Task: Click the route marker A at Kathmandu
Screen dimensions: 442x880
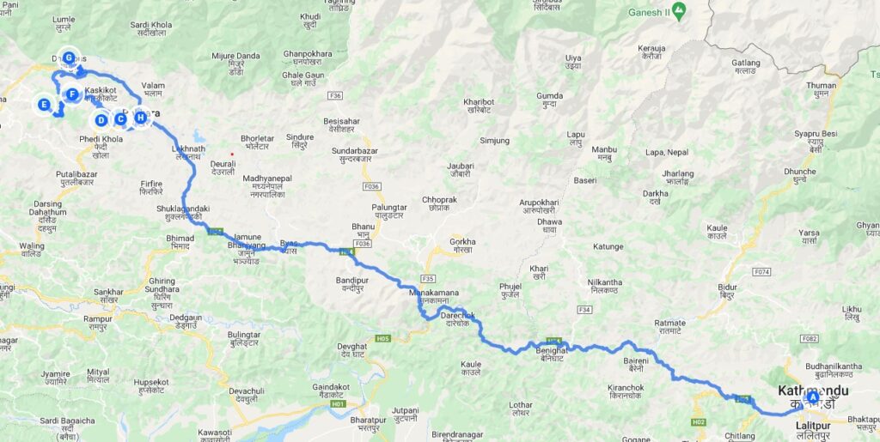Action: point(813,397)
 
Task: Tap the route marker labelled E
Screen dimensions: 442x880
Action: point(44,105)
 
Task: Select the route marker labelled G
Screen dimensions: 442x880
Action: point(69,58)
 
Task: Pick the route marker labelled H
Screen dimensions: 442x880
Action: point(140,118)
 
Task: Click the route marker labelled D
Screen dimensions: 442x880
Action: point(101,119)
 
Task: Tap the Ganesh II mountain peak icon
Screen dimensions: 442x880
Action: point(679,11)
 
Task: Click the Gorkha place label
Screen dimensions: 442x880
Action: point(462,242)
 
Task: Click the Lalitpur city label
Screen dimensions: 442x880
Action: point(807,426)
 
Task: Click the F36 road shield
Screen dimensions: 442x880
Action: point(335,95)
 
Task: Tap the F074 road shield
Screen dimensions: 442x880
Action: point(761,272)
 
